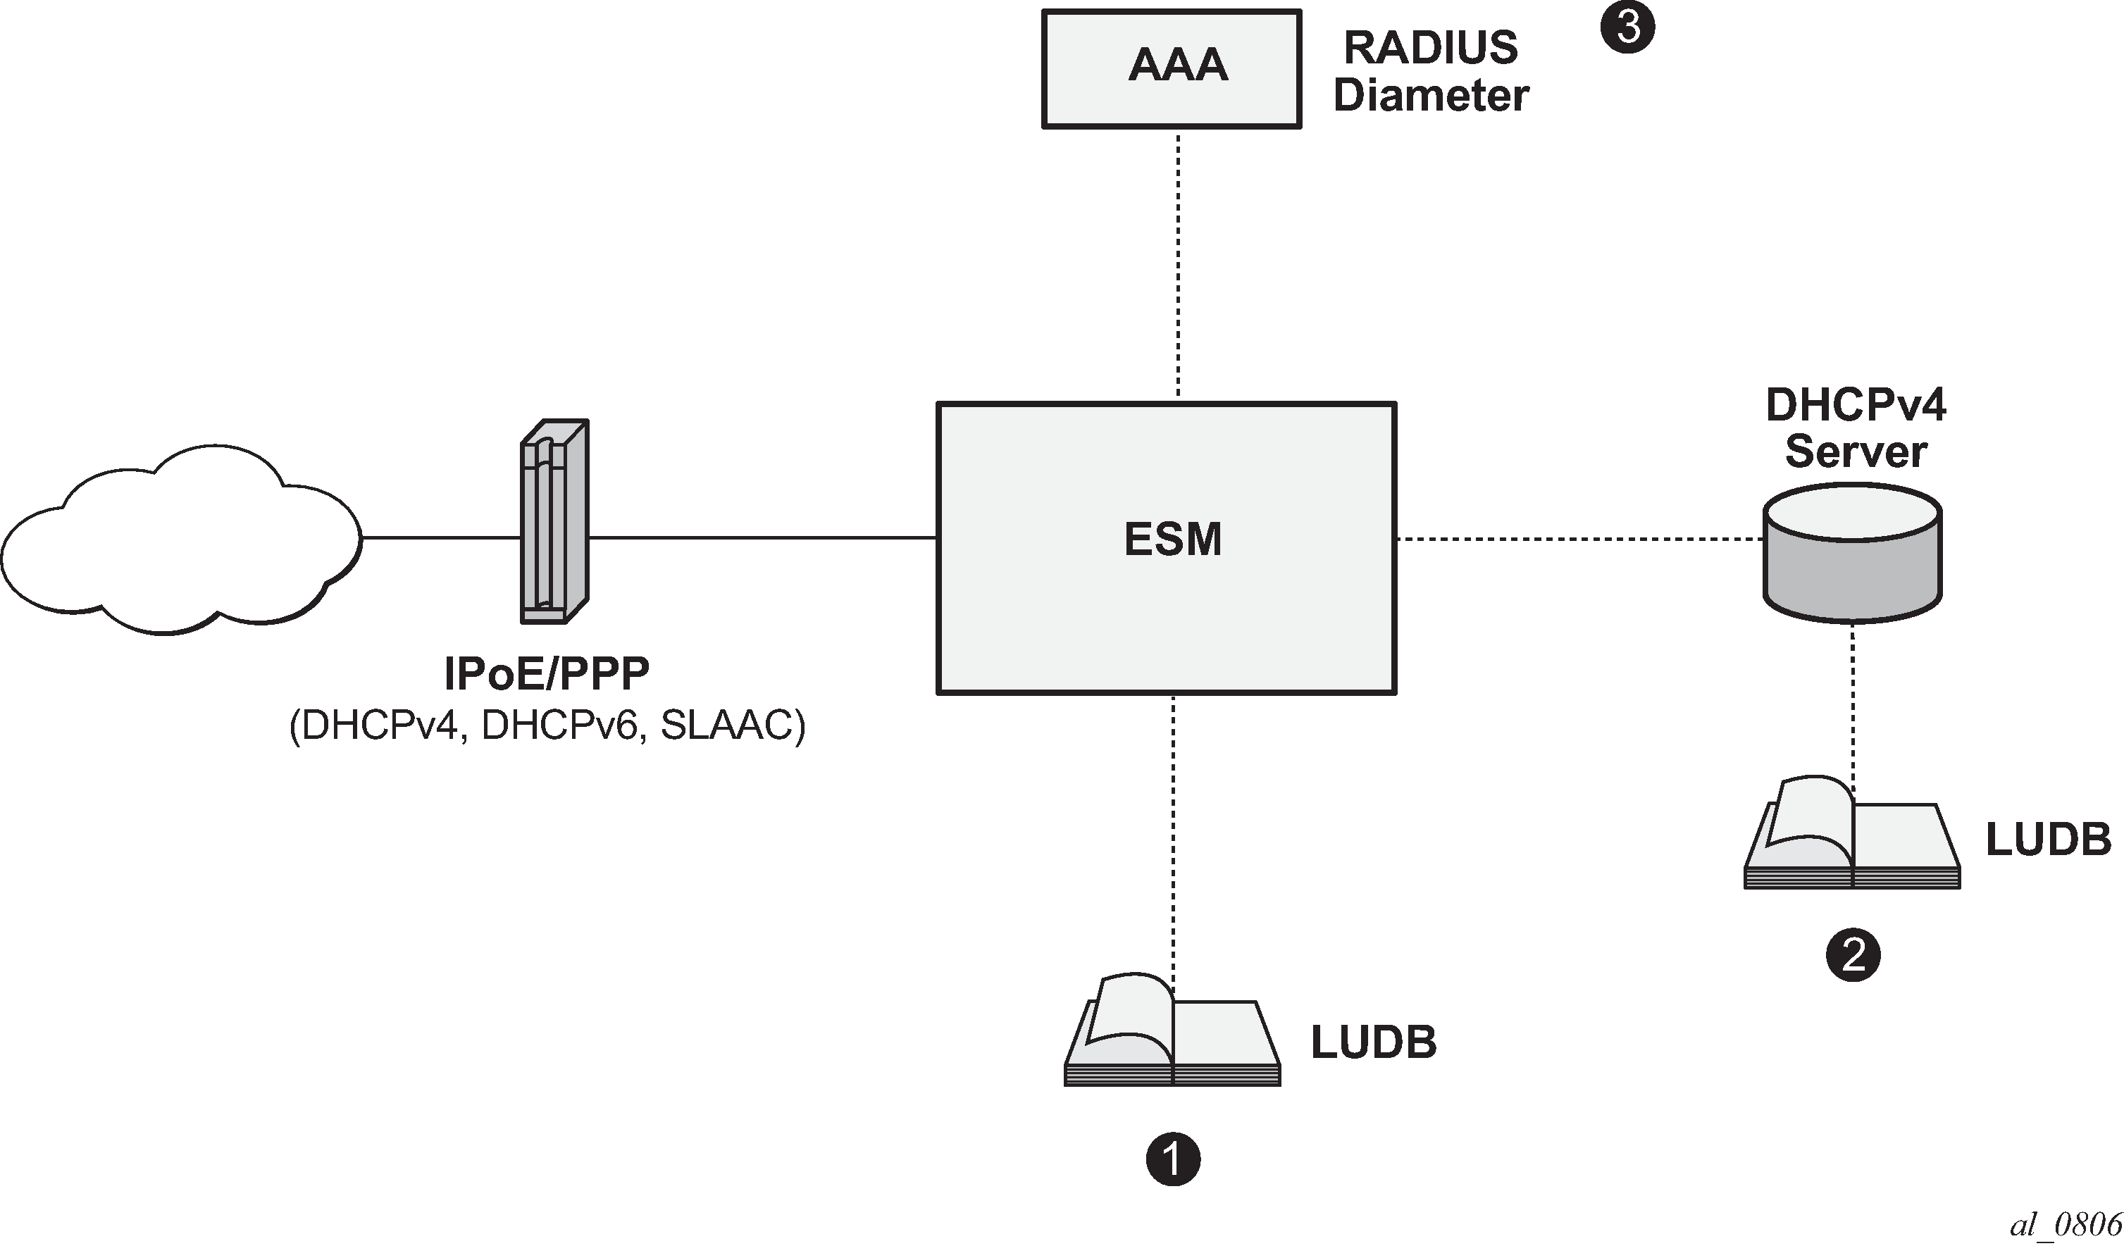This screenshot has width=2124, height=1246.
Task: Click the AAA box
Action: (1172, 68)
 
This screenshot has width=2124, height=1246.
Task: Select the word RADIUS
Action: (1430, 47)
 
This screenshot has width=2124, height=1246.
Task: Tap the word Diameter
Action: (1430, 94)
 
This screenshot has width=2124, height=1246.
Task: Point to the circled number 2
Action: (1853, 954)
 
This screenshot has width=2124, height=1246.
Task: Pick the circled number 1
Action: (1172, 1159)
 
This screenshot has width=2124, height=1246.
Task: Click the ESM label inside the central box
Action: (1172, 539)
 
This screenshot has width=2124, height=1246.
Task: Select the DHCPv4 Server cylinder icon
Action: (1853, 554)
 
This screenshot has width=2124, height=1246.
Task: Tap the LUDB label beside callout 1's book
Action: (1373, 1042)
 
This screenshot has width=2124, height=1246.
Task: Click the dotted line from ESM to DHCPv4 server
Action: (1580, 539)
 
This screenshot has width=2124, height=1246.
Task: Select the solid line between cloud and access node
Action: (441, 537)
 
